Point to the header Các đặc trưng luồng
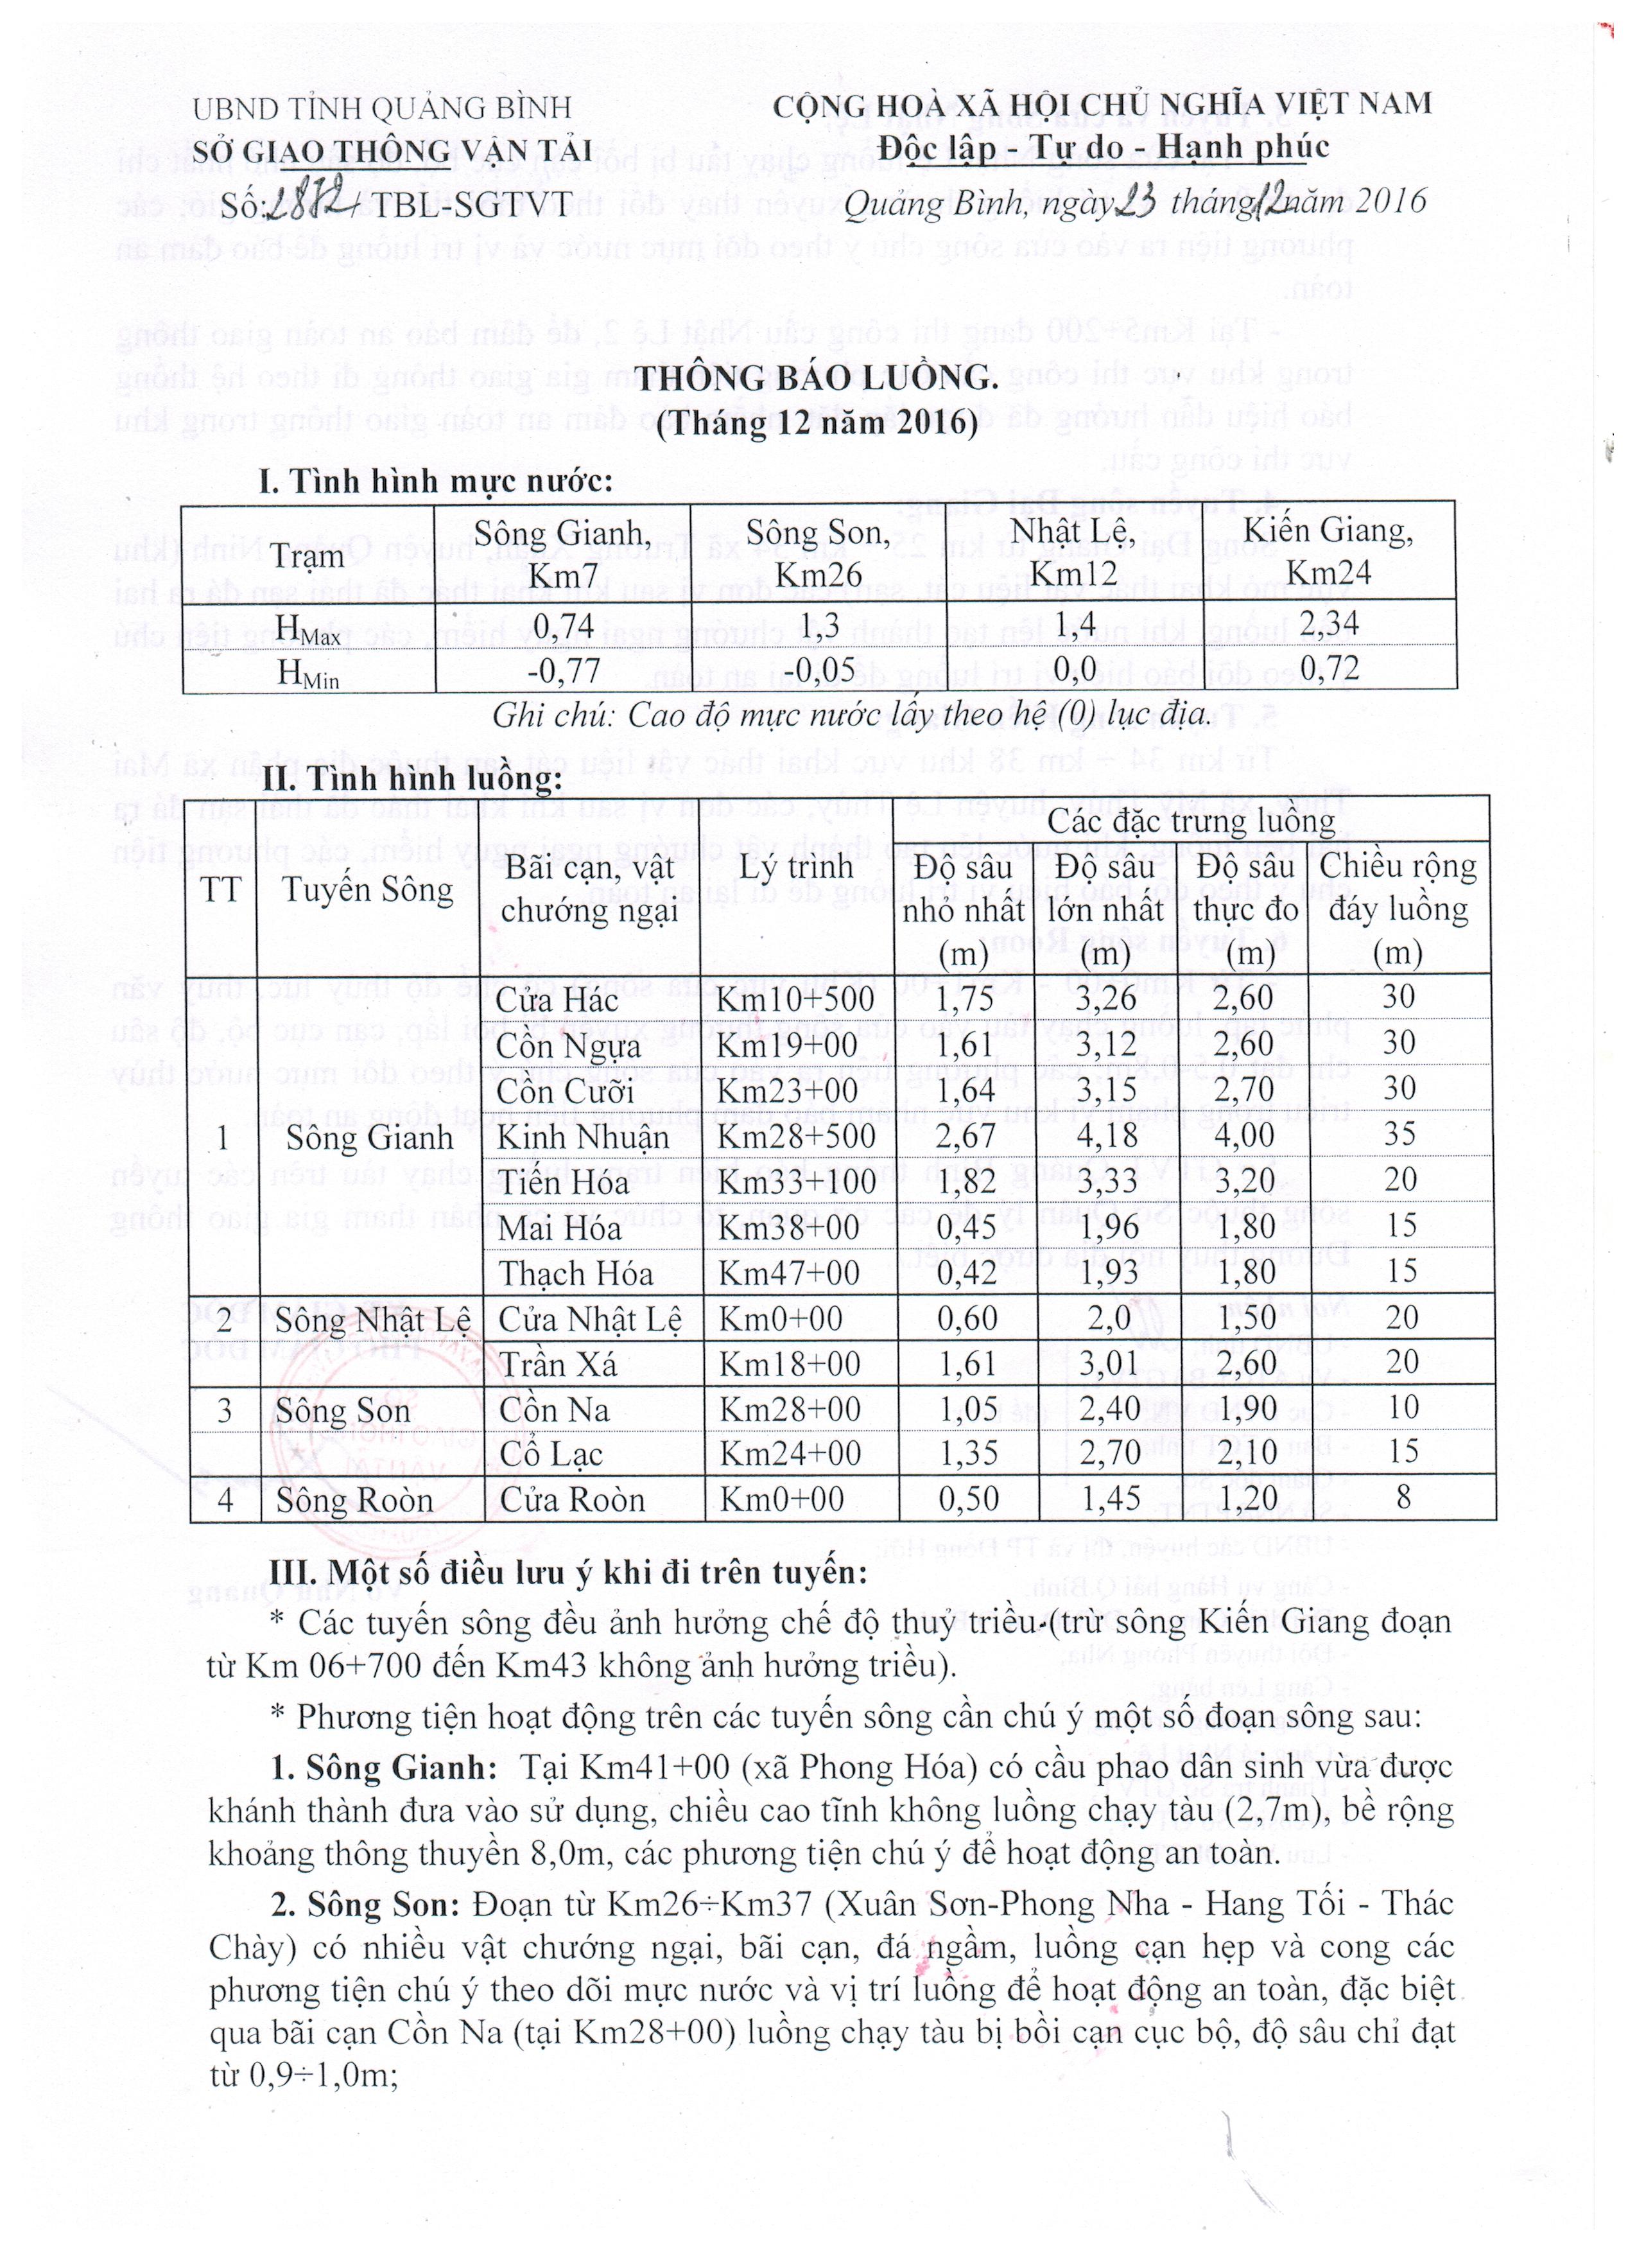(1191, 822)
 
